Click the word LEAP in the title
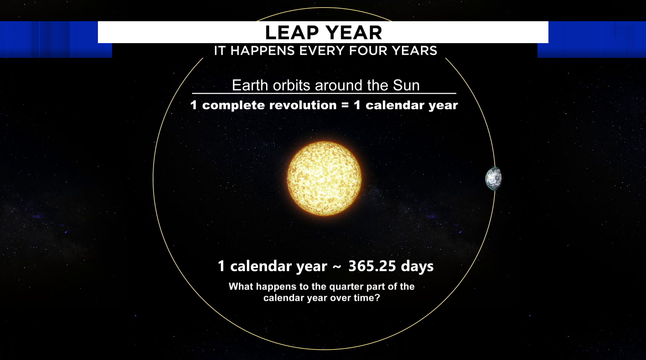tap(292, 33)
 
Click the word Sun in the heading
tap(406, 85)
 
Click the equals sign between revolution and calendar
tap(345, 105)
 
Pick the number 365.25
tap(372, 266)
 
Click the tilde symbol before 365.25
tap(337, 267)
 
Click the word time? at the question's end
tap(367, 298)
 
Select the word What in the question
tap(241, 286)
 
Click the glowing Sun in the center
tap(324, 179)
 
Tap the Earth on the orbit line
tap(494, 179)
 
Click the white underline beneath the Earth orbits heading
tap(324, 93)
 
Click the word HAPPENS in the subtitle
tap(263, 51)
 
